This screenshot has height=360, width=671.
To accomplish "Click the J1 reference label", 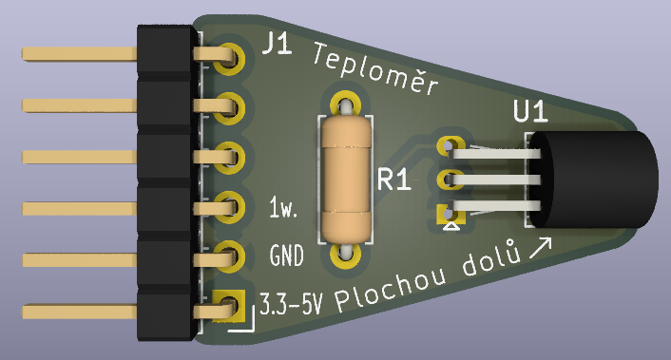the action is click(277, 44).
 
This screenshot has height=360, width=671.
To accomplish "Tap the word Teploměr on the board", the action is click(375, 68).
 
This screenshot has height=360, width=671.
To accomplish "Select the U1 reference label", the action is click(530, 111).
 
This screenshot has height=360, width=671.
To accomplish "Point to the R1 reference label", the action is click(394, 180).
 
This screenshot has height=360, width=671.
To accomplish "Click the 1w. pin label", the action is click(283, 207).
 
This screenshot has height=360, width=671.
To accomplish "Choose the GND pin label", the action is click(286, 256).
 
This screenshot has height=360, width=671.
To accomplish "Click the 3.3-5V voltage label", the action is click(291, 304).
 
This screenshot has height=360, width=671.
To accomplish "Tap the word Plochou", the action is click(391, 290).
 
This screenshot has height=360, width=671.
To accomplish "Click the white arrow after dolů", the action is click(540, 249).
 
